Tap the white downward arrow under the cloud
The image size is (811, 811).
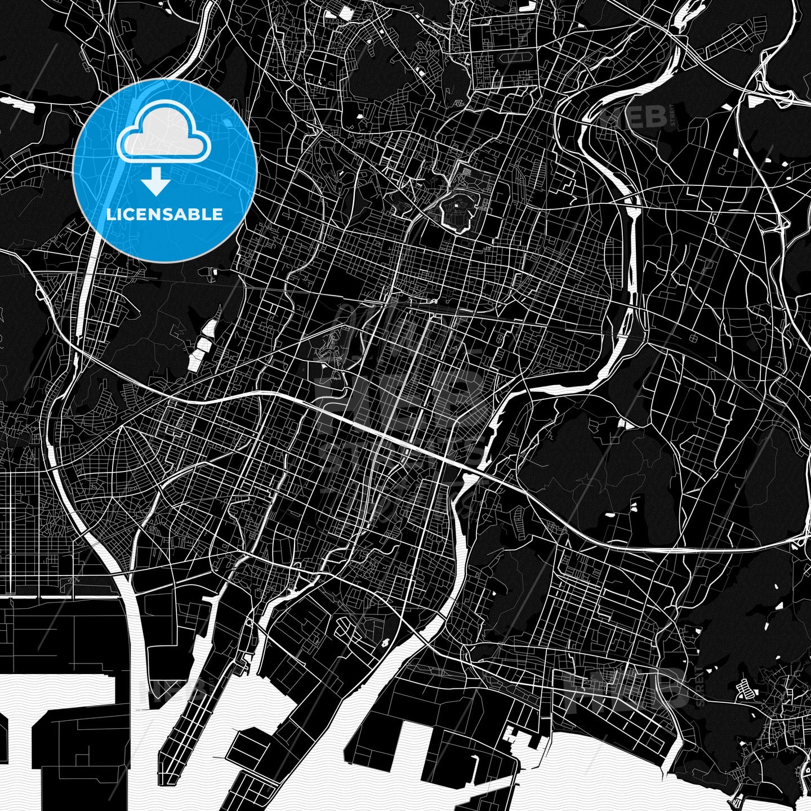click(156, 184)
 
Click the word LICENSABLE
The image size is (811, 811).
click(164, 215)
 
